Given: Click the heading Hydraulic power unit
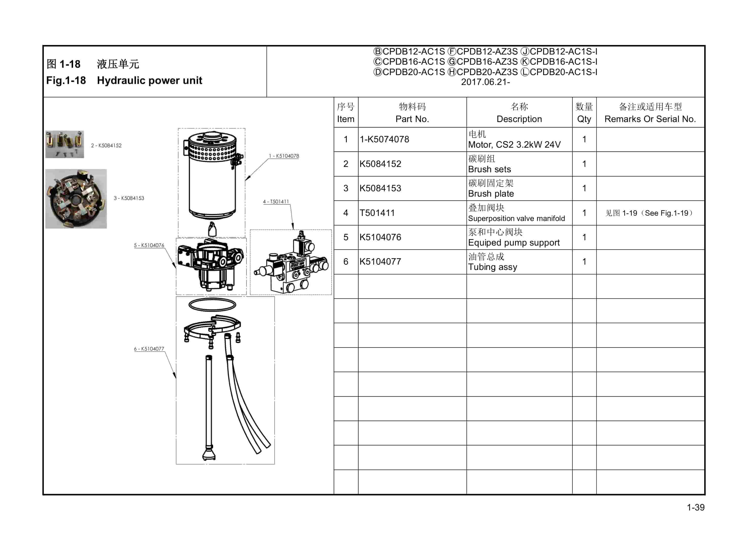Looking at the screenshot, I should pyautogui.click(x=149, y=80).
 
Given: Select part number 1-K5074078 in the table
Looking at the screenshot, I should pyautogui.click(x=384, y=139).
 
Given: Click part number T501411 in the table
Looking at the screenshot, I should pyautogui.click(x=377, y=213).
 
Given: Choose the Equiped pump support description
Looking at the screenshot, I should pyautogui.click(x=513, y=243).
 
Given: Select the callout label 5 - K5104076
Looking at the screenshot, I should pyautogui.click(x=149, y=245).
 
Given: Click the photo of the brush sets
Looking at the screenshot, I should pyautogui.click(x=64, y=144).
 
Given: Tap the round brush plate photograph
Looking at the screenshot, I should pyautogui.click(x=76, y=199).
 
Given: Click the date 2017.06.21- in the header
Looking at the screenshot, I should pyautogui.click(x=485, y=82).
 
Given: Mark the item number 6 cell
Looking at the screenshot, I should pyautogui.click(x=345, y=262).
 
